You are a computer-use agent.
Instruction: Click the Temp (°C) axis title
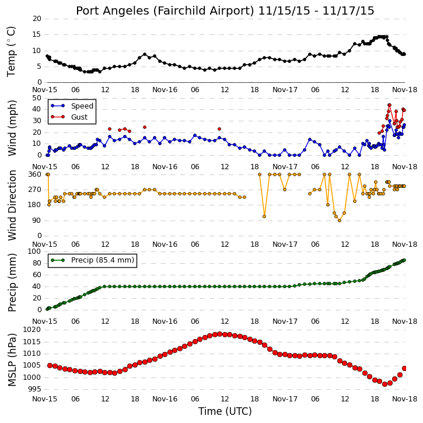coord(11,51)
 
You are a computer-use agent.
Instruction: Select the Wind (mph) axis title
coord(12,128)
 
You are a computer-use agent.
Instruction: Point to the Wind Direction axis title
coord(12,205)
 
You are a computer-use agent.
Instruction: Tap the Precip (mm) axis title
coord(12,283)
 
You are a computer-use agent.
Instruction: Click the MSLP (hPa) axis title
coord(12,360)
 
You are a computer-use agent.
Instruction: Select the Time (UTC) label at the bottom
coord(225,411)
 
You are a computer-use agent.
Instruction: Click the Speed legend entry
coord(72,106)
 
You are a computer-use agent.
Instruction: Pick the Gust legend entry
coord(69,117)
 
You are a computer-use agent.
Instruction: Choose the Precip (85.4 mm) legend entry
coord(93,260)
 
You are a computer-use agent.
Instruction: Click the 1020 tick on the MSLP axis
coord(32,330)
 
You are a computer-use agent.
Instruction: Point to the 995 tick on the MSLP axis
coord(34,389)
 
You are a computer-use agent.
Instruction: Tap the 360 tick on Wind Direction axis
coord(34,174)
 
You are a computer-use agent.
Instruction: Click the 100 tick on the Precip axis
coord(34,251)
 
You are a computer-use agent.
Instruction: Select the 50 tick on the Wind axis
coord(37,97)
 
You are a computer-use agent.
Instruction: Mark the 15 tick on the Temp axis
coord(37,34)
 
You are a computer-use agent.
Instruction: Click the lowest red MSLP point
coord(384,384)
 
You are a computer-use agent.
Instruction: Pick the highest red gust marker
coord(389,105)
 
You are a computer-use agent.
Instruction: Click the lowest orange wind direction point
coord(340,221)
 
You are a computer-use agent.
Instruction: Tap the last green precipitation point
coord(404,260)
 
